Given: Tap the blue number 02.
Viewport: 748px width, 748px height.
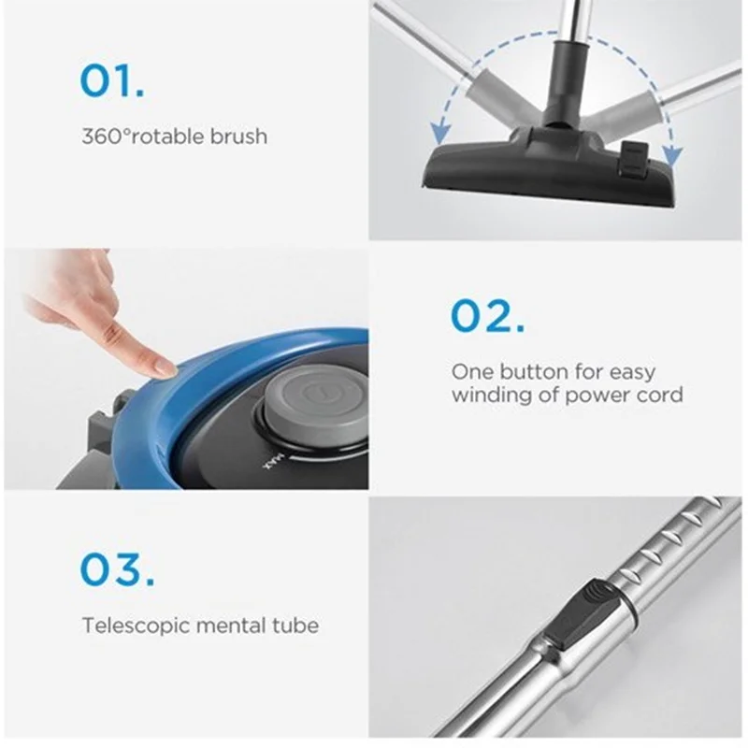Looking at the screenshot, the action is [x=487, y=315].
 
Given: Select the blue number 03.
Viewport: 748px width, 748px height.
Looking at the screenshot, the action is [x=118, y=569].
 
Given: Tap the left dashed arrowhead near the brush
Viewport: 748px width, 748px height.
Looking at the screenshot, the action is [x=440, y=132].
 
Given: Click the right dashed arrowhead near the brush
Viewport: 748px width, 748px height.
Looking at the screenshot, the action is [x=671, y=156].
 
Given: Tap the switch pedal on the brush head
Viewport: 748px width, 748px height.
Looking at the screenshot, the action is [x=632, y=160].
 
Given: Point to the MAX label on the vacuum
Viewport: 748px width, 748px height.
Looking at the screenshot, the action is [x=273, y=462].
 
